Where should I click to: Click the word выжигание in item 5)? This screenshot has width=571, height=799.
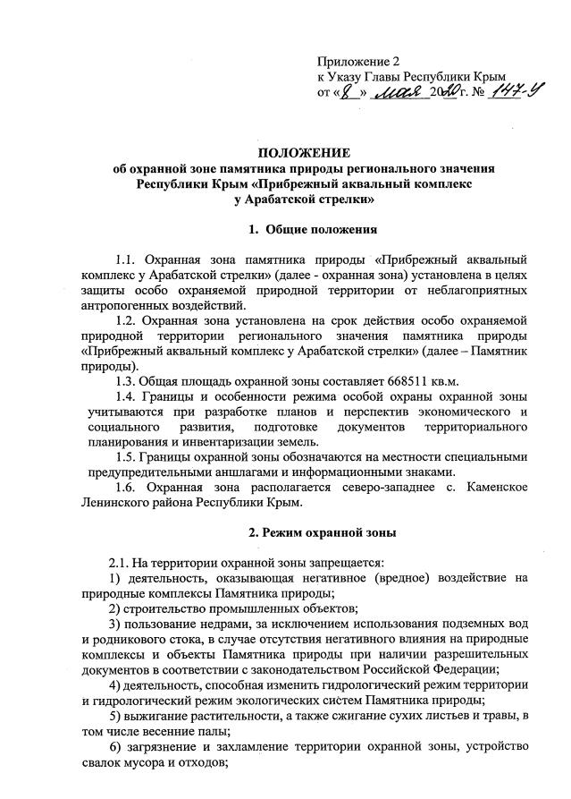167,715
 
